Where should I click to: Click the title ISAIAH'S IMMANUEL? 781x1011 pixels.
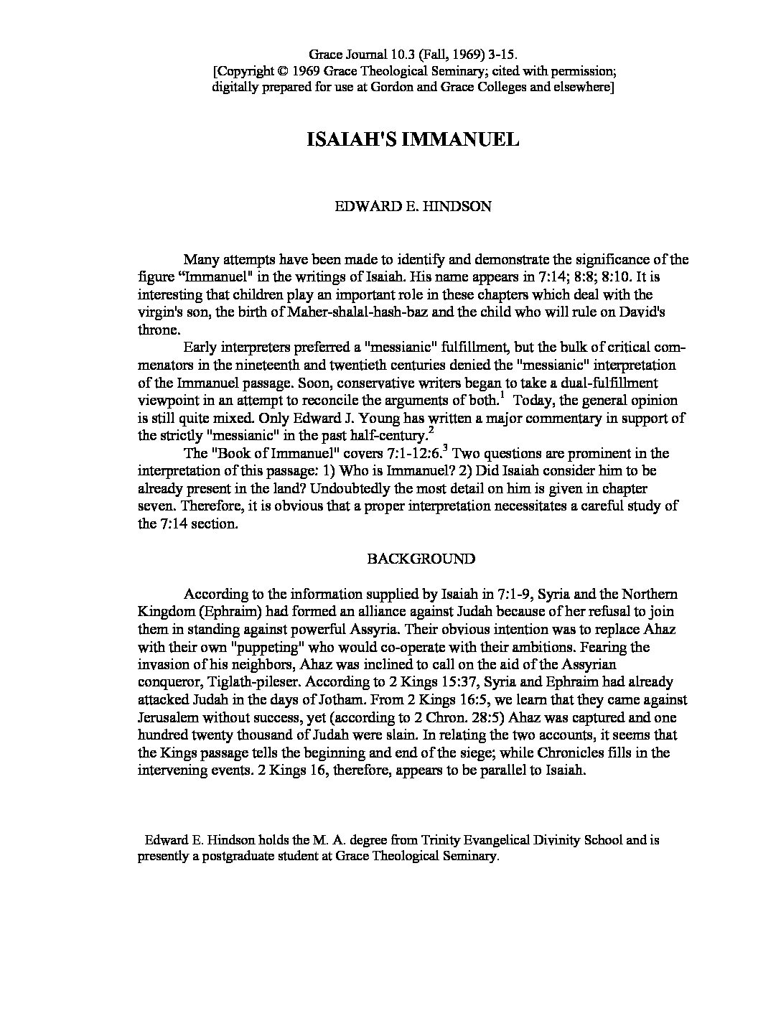(x=413, y=139)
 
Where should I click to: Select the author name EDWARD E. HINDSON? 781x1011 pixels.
(x=413, y=207)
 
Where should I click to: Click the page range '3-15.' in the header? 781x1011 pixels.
(x=501, y=54)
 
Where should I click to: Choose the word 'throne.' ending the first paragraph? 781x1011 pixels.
(x=158, y=330)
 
